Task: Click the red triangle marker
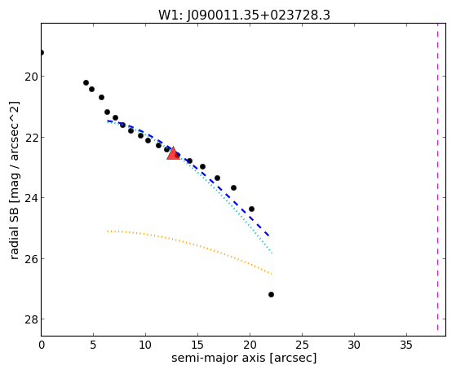173,153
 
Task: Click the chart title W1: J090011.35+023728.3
244,15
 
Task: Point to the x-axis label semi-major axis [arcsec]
244,358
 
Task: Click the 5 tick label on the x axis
93,345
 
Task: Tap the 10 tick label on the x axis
145,345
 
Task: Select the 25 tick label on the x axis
302,345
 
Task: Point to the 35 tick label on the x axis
406,345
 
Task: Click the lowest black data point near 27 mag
271,295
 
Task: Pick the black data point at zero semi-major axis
42,53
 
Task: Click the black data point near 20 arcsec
251,209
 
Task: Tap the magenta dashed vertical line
437,177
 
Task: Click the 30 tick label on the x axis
354,345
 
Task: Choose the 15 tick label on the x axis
197,345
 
